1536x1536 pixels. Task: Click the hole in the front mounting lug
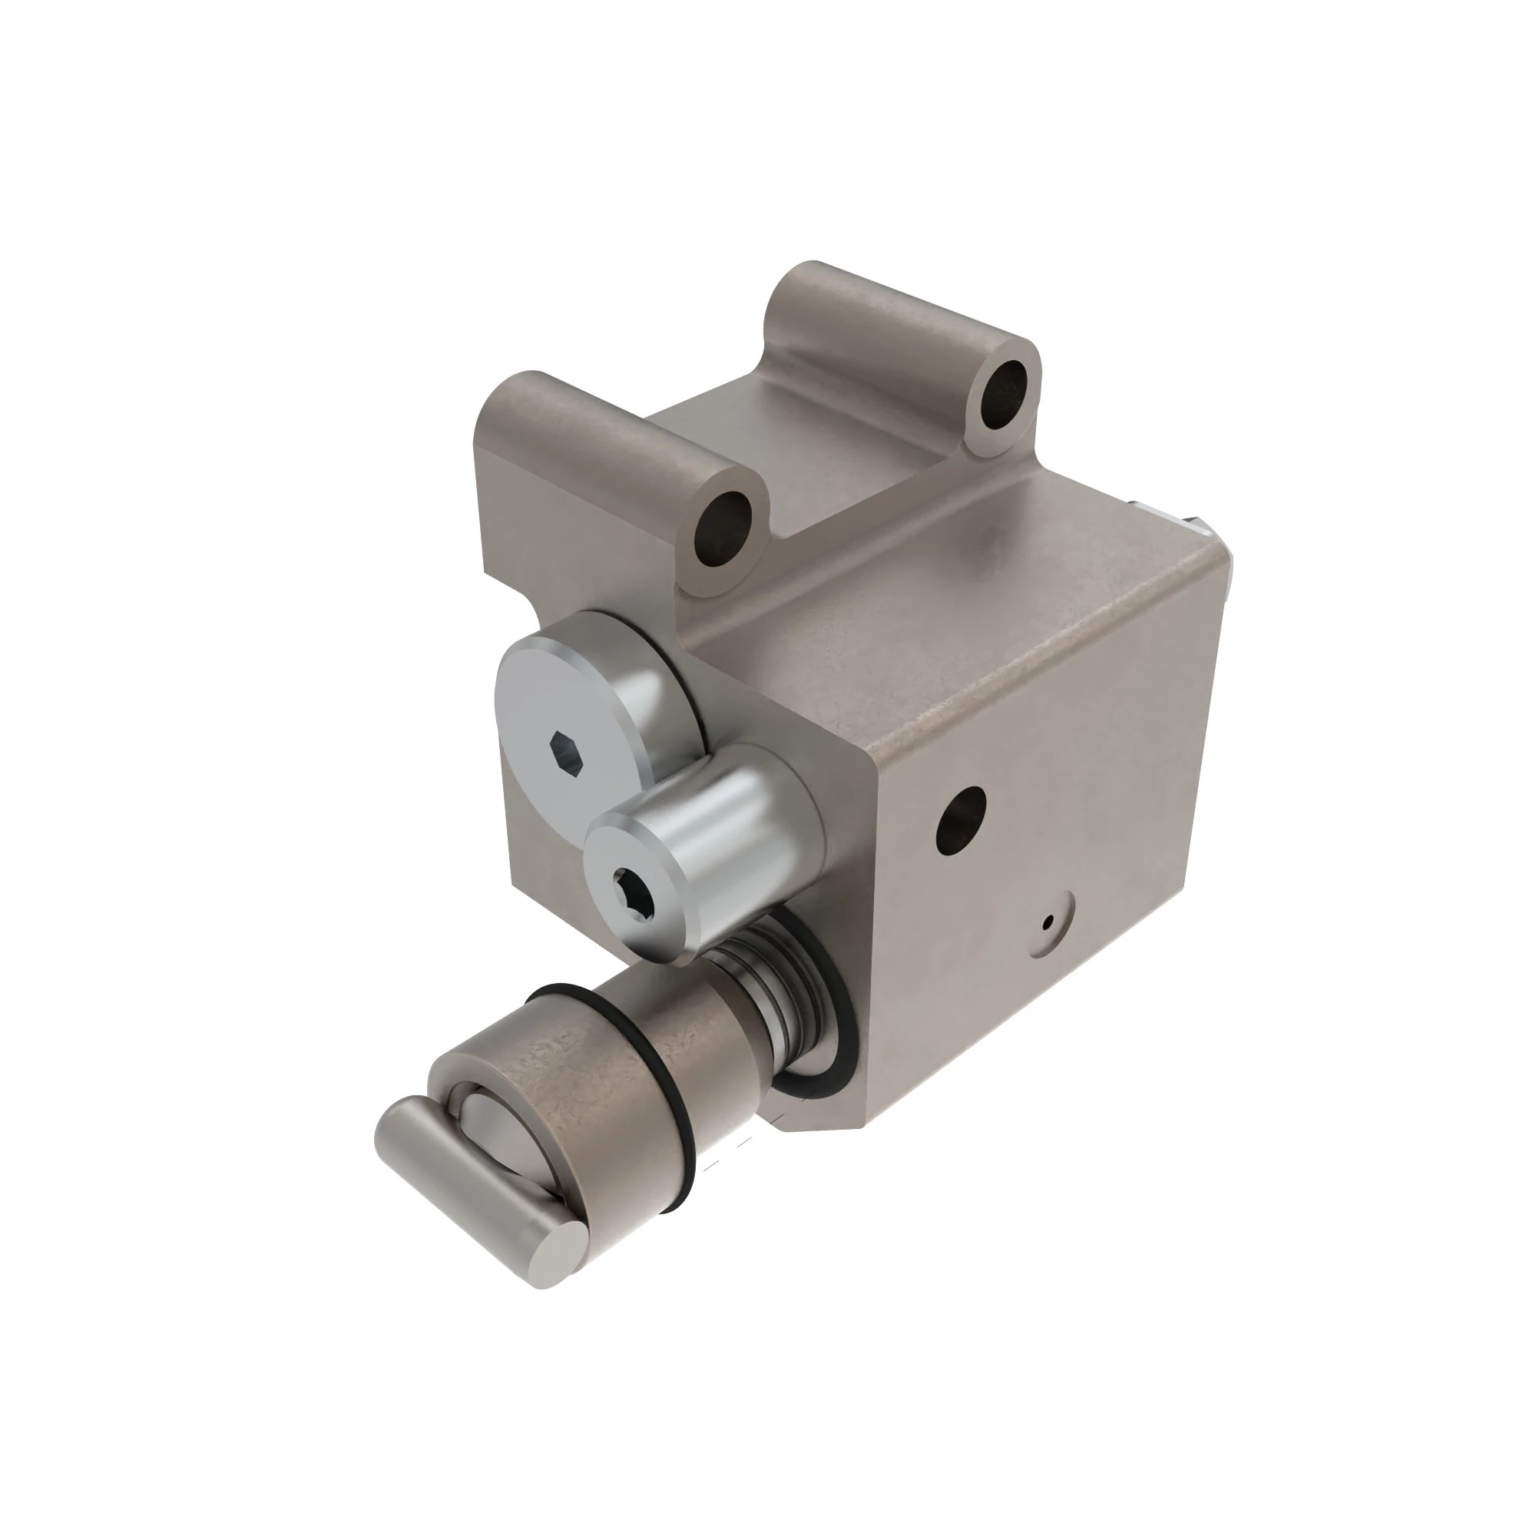tap(722, 528)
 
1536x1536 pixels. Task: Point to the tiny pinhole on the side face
tap(1048, 922)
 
